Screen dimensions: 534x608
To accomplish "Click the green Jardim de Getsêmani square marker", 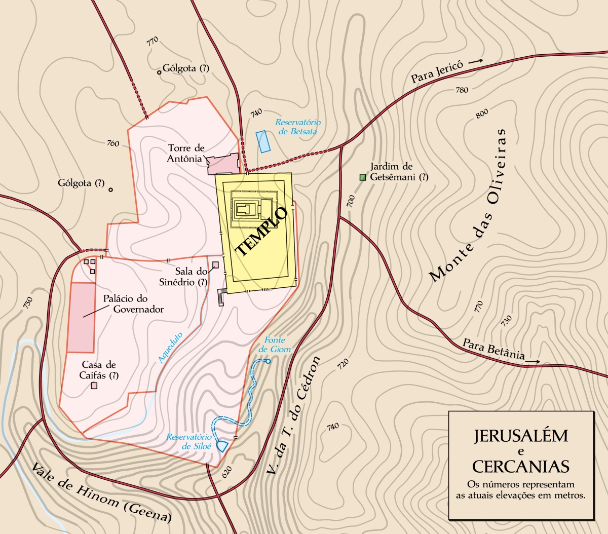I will tap(362, 177).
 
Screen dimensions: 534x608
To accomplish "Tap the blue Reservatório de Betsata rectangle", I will tap(263, 141).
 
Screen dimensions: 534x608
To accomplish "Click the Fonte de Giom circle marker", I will tap(268, 361).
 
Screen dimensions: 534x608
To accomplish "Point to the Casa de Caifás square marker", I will tap(94, 386).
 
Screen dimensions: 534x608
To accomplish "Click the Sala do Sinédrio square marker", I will tap(215, 264).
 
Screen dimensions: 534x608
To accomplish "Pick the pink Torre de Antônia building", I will tap(223, 164).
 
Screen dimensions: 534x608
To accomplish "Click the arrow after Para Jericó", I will tap(476, 61).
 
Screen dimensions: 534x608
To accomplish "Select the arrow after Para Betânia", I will tap(533, 362).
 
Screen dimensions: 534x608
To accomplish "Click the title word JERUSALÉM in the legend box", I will tap(521, 436).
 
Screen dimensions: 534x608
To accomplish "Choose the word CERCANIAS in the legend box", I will tap(521, 466).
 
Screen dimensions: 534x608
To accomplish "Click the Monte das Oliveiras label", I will tap(468, 205).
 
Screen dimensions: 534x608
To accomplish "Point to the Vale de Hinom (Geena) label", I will tap(101, 493).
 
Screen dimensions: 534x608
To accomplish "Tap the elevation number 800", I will tap(482, 113).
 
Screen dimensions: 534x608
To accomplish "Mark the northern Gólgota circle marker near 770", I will tap(159, 72).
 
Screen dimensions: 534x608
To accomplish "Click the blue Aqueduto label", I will tap(170, 348).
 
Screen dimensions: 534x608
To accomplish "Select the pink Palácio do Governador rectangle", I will tap(82, 318).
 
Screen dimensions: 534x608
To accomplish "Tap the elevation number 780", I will tap(462, 90).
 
